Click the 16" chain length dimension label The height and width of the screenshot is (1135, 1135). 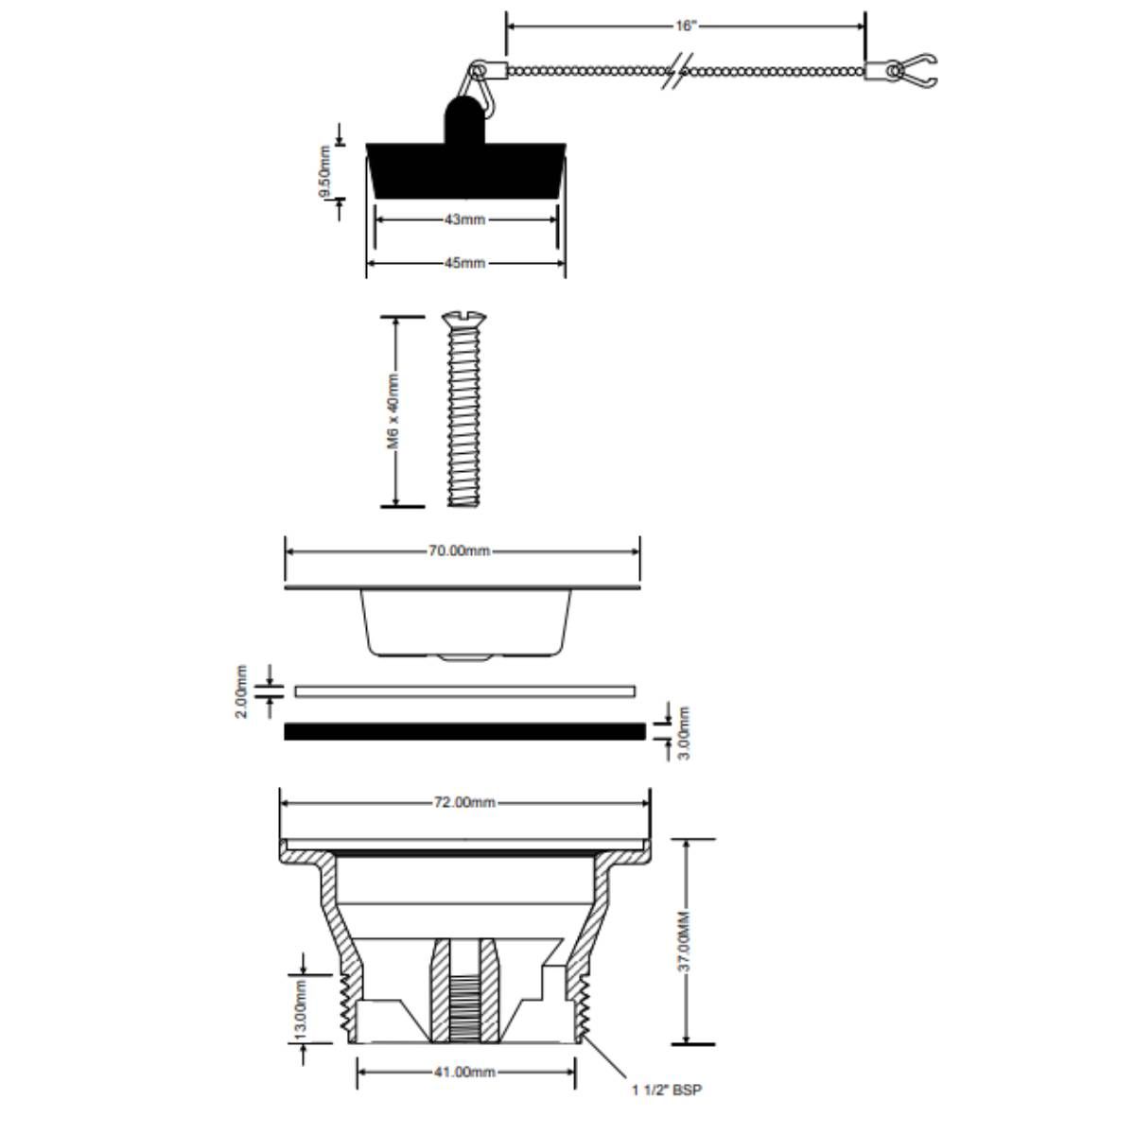pyautogui.click(x=685, y=26)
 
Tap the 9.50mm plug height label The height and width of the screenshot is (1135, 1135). pyautogui.click(x=324, y=172)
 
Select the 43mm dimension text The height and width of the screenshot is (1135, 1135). pyautogui.click(x=464, y=219)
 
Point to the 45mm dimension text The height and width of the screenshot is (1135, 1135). pyautogui.click(x=464, y=263)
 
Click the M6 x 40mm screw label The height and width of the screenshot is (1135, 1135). pyautogui.click(x=393, y=411)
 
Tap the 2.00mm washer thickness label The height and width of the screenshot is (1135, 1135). pyautogui.click(x=241, y=691)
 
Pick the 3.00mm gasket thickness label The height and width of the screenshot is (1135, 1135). pyautogui.click(x=684, y=733)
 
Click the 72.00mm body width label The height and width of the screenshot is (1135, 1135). pyautogui.click(x=464, y=802)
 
